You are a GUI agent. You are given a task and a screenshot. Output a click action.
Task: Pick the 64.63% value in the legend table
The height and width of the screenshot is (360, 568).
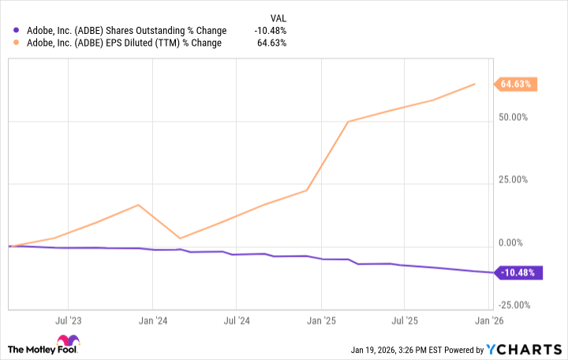[272, 43]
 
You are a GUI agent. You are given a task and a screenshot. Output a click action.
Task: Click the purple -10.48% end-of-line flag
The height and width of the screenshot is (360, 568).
[517, 273]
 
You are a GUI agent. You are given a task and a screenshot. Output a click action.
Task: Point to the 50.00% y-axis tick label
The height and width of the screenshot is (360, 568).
[513, 118]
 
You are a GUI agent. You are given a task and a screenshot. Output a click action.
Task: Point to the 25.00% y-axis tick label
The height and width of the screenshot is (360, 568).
[513, 180]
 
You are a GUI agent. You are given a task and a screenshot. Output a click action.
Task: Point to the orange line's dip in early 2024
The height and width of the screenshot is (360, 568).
[181, 238]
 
